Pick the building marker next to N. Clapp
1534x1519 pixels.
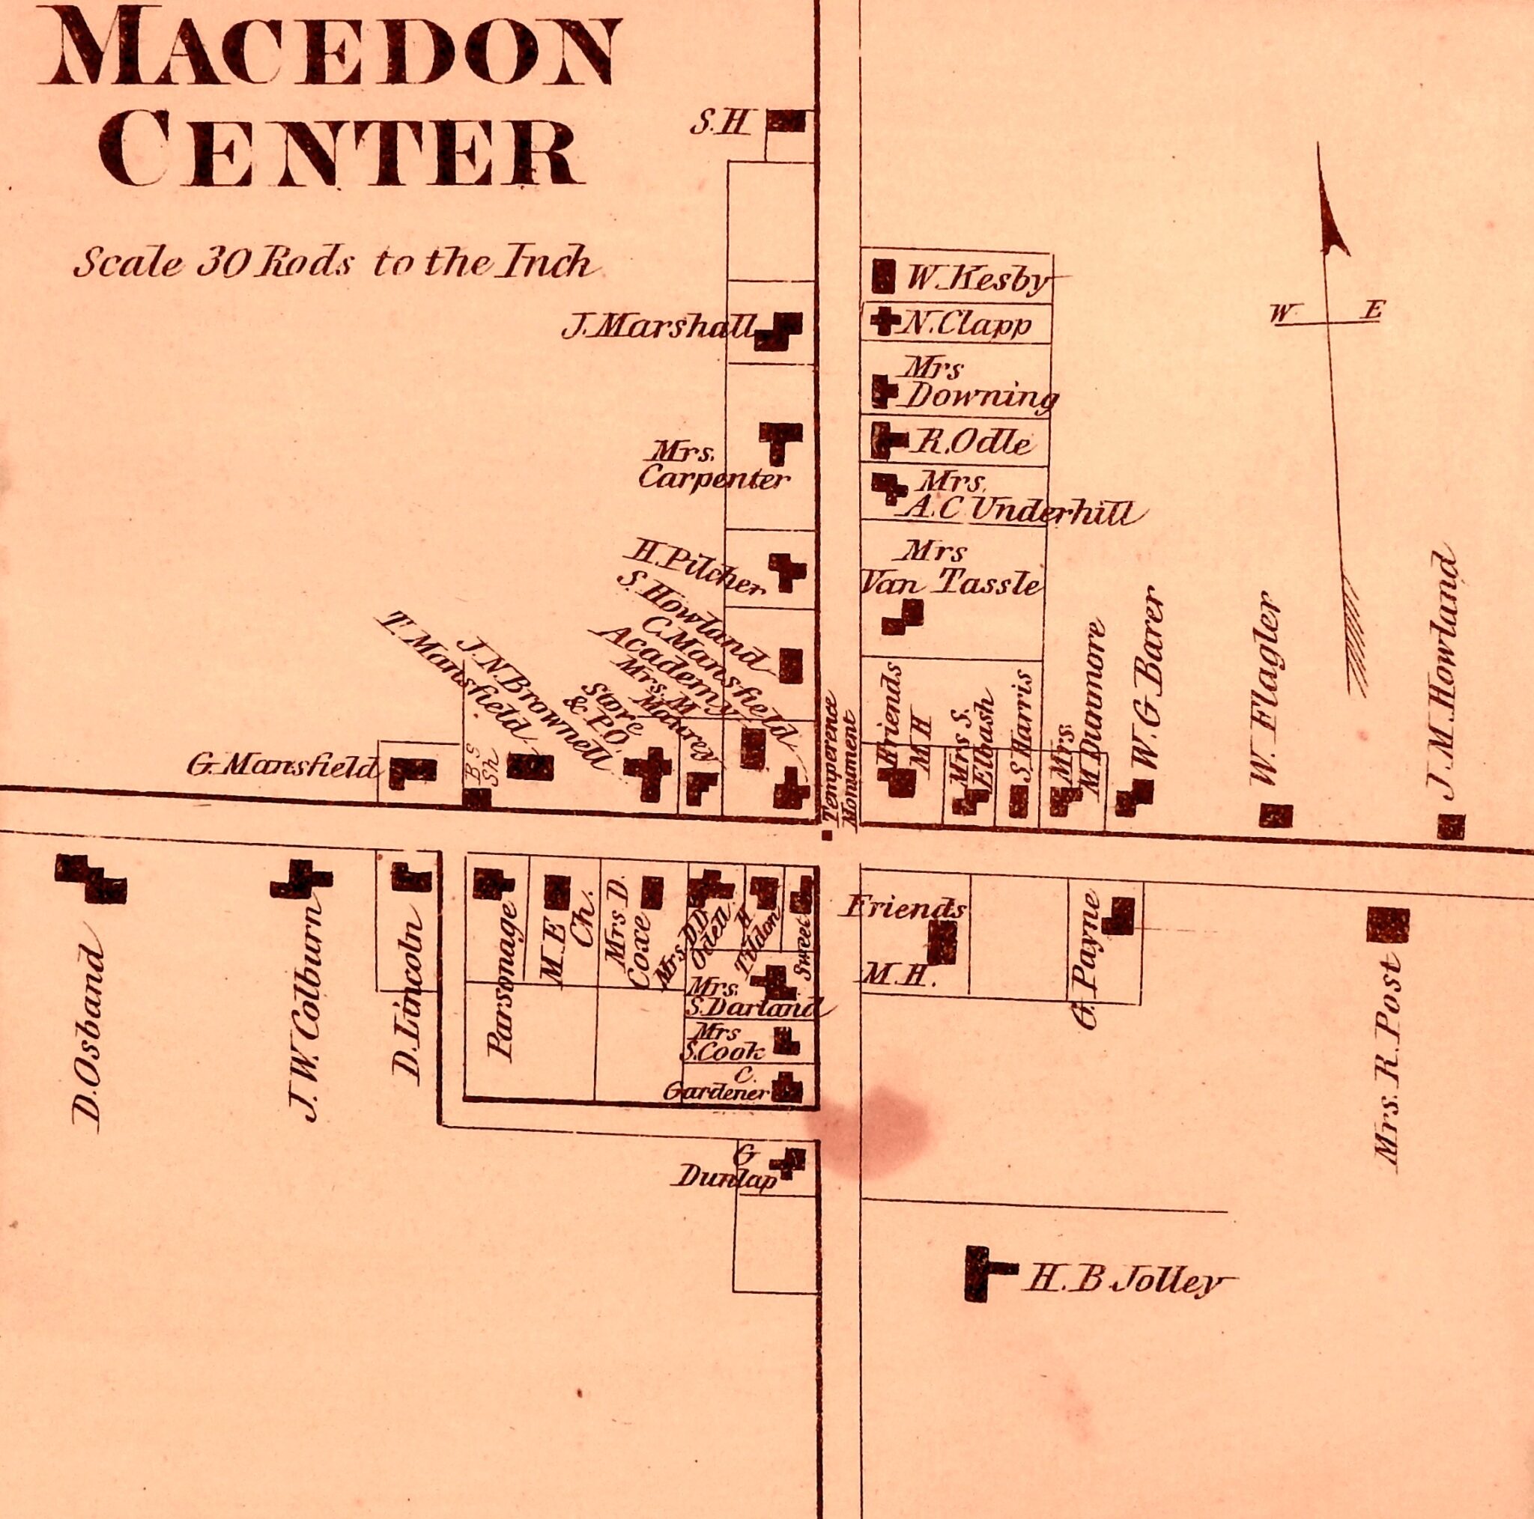882,323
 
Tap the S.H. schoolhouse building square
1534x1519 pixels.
786,121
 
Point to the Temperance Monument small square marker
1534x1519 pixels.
828,834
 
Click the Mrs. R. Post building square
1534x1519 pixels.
1387,925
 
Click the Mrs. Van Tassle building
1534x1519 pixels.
903,617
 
